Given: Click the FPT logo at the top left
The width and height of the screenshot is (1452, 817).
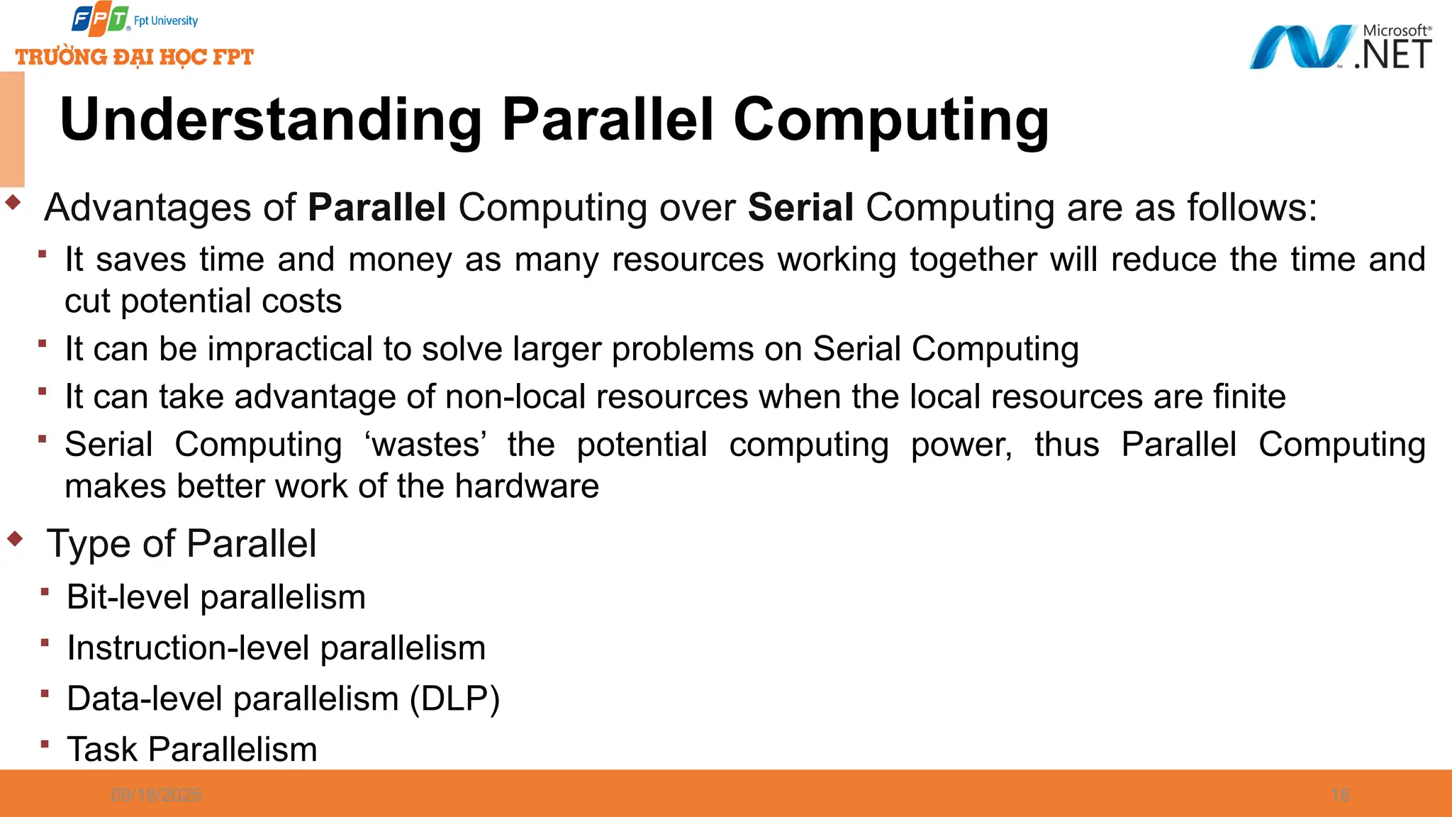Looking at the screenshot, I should pos(100,20).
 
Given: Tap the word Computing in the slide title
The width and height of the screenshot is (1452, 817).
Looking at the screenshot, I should pos(890,120).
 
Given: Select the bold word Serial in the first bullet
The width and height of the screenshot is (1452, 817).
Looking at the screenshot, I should pos(800,208).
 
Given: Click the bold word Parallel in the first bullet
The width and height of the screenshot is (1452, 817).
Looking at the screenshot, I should pos(376,208).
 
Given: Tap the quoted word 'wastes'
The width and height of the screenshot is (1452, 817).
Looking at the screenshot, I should pos(425,445).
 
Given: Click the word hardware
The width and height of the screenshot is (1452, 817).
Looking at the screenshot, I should pos(527,487).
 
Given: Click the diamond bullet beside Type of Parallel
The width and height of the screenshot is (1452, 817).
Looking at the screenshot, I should pos(15,539).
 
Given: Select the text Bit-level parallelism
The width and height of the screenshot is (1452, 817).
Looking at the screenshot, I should pos(216,597).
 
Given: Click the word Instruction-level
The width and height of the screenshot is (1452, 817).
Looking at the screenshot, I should pos(189,648).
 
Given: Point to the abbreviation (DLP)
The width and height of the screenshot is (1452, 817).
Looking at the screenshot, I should pos(454,699).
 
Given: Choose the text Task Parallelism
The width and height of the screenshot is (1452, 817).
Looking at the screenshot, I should pos(192,750).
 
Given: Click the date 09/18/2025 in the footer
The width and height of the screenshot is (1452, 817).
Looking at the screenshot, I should pos(156,795).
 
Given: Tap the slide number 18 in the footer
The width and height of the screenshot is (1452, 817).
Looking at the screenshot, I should pos(1340,795).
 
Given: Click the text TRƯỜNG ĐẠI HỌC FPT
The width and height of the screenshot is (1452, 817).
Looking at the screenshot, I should pos(135,57).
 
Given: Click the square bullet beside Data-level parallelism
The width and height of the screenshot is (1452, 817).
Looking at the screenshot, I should pos(45,693).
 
